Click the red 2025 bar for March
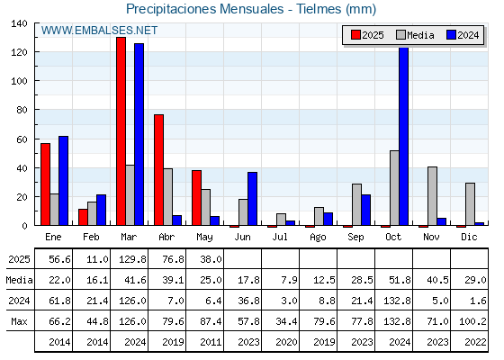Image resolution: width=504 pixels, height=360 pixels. click(121, 131)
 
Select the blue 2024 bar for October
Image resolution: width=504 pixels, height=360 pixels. click(404, 136)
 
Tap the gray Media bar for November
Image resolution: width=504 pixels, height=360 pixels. click(432, 196)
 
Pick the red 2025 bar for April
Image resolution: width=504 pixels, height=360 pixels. click(158, 170)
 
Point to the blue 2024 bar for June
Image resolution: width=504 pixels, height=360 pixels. click(252, 199)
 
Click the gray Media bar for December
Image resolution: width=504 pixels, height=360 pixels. click(470, 204)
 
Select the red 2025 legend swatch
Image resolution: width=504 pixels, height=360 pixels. click(355, 35)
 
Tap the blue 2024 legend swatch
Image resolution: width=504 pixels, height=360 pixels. click(451, 35)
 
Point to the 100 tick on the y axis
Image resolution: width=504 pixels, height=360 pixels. click(19, 81)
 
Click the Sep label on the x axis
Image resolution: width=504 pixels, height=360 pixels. click(355, 238)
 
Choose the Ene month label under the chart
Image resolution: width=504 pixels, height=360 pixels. click(53, 238)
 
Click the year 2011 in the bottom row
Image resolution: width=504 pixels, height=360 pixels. click(211, 342)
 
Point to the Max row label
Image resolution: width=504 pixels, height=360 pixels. click(19, 321)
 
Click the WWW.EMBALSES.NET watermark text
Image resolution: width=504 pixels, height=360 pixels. click(99, 31)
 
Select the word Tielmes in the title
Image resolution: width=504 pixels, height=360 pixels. click(319, 9)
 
